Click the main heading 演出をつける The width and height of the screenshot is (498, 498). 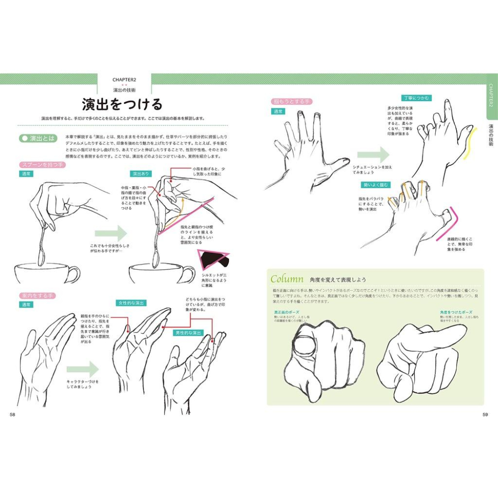coord(122,105)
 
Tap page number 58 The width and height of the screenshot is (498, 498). coord(13,415)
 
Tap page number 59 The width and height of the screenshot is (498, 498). coord(485,415)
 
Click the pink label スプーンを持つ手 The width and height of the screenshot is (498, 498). coord(42,164)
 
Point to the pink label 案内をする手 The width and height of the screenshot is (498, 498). coord(37,295)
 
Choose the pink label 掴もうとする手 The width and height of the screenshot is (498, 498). coord(291,102)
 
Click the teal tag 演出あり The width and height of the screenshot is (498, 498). coord(141,174)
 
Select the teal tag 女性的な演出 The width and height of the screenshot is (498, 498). coord(130,303)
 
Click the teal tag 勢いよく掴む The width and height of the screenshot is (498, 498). coord(376,185)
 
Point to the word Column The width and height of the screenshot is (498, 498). coord(284,279)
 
